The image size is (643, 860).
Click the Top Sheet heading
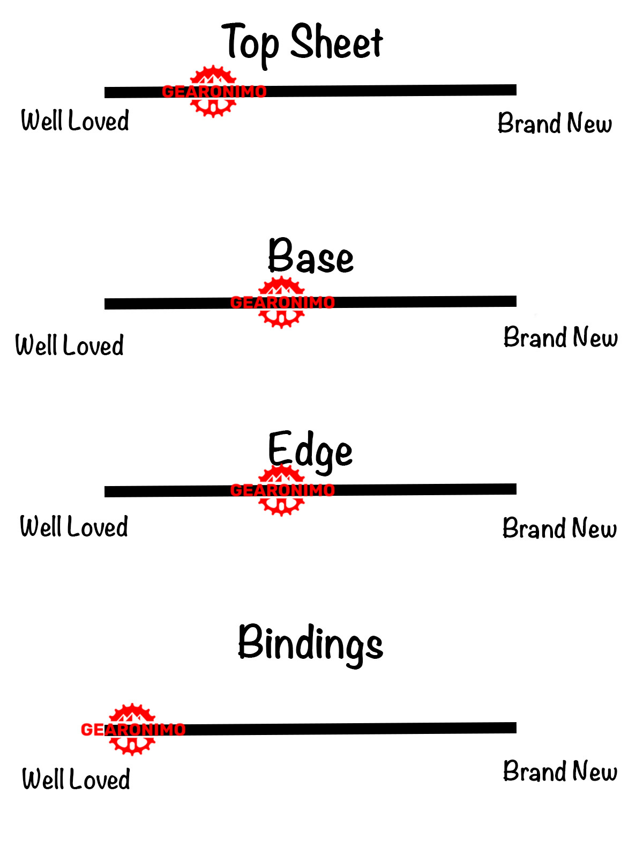(302, 43)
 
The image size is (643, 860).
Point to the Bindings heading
(310, 643)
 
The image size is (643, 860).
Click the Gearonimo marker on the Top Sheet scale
(214, 92)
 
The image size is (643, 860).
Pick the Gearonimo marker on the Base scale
(282, 303)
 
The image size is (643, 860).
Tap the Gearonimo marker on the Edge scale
(282, 490)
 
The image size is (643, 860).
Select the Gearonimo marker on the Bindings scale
(132, 730)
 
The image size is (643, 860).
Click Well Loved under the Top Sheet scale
(75, 121)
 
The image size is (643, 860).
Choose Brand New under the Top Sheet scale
(555, 123)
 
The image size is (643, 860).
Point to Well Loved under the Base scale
(70, 345)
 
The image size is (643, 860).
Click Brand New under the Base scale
(560, 337)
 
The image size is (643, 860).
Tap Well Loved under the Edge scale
(74, 527)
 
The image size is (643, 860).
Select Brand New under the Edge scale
(559, 528)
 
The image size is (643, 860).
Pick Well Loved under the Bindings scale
(76, 780)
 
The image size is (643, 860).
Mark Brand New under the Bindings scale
(560, 771)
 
